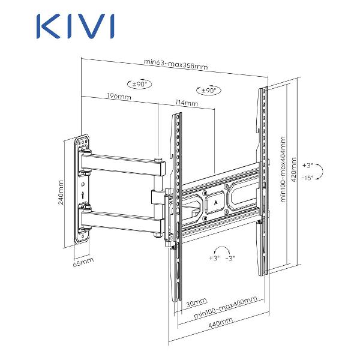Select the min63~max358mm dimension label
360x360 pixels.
tap(176, 65)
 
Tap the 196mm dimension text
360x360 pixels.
tap(119, 96)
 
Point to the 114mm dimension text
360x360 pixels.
tap(187, 103)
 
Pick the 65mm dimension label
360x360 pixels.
tap(83, 262)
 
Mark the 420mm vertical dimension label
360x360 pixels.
tap(293, 173)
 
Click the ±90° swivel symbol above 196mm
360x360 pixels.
tap(139, 85)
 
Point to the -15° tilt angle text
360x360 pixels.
tap(308, 178)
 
